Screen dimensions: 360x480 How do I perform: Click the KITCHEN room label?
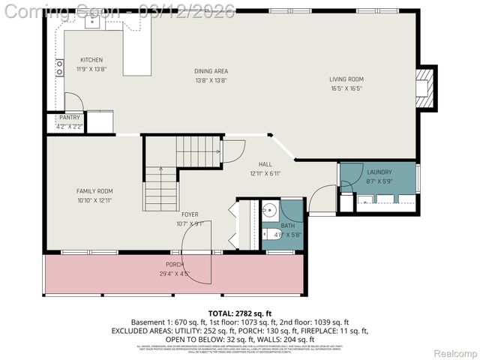91,60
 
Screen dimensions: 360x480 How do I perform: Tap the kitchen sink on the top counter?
93,21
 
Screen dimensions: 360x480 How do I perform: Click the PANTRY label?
70,118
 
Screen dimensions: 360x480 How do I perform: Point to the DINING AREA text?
211,71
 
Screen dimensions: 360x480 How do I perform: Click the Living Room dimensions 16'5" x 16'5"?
346,88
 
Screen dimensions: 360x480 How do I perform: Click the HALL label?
265,164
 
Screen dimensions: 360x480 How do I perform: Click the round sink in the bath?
270,209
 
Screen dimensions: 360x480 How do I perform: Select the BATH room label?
288,225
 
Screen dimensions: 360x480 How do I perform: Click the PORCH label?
175,265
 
